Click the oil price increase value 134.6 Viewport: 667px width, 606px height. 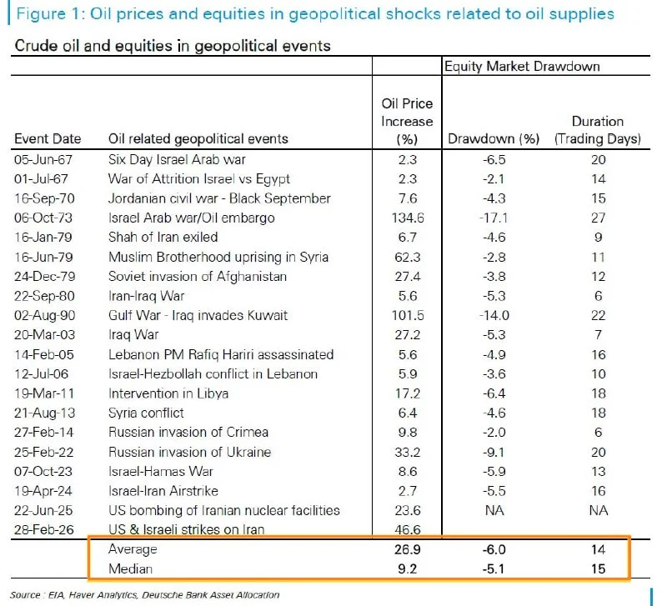pos(407,218)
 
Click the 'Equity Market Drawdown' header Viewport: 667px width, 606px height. pos(523,67)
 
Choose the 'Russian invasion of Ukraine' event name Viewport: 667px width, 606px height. pos(190,452)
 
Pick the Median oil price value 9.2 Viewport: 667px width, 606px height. pos(407,570)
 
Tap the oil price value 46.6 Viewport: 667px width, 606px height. pos(407,530)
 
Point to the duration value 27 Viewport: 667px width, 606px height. pos(598,218)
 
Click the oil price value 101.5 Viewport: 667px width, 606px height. pos(407,315)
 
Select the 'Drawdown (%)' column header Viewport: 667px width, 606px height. pos(494,138)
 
